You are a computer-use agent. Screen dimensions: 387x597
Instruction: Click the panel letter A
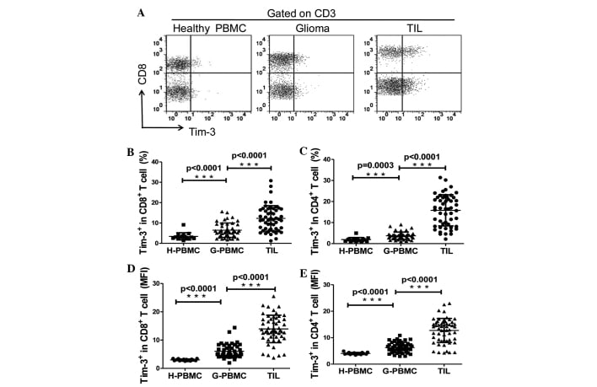[143, 12]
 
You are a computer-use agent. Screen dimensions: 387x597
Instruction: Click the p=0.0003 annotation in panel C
[364, 166]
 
